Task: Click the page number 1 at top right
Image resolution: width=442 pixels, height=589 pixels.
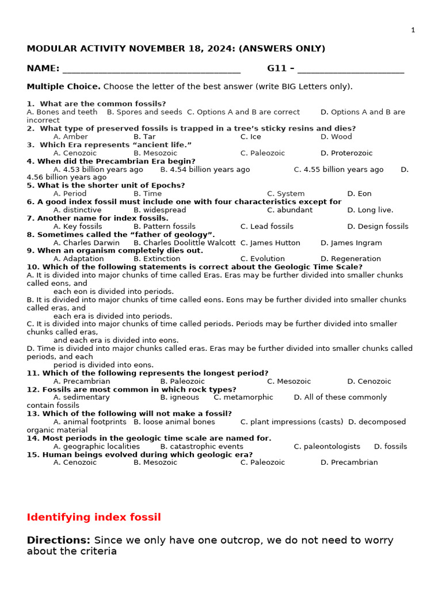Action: coord(413,30)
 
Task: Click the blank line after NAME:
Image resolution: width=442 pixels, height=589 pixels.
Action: coord(151,70)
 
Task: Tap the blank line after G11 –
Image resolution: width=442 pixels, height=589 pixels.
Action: coord(350,70)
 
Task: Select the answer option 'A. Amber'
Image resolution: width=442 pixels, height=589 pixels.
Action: coord(71,137)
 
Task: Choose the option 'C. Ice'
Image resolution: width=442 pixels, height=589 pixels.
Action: coord(250,137)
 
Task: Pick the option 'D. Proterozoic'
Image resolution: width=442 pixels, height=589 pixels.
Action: coord(346,153)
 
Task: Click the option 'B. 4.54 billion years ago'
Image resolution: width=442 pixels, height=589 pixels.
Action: coord(205,170)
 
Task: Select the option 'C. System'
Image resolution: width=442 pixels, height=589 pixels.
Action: coord(285,194)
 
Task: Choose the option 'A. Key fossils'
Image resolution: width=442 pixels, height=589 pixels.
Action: coord(78,227)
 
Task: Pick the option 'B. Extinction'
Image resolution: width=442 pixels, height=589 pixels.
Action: coord(157,259)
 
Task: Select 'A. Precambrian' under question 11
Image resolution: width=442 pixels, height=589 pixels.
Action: coord(82,381)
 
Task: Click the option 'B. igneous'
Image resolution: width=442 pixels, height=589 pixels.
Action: coord(180,397)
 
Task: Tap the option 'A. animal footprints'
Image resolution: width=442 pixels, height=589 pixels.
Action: coord(90,422)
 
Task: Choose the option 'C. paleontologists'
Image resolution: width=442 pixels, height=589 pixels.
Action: coord(327,446)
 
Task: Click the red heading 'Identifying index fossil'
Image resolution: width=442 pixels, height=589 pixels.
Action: coord(94,517)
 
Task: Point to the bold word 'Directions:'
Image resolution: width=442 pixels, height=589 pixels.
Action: coord(59,541)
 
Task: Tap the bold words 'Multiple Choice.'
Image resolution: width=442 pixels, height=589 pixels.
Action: coord(63,87)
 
